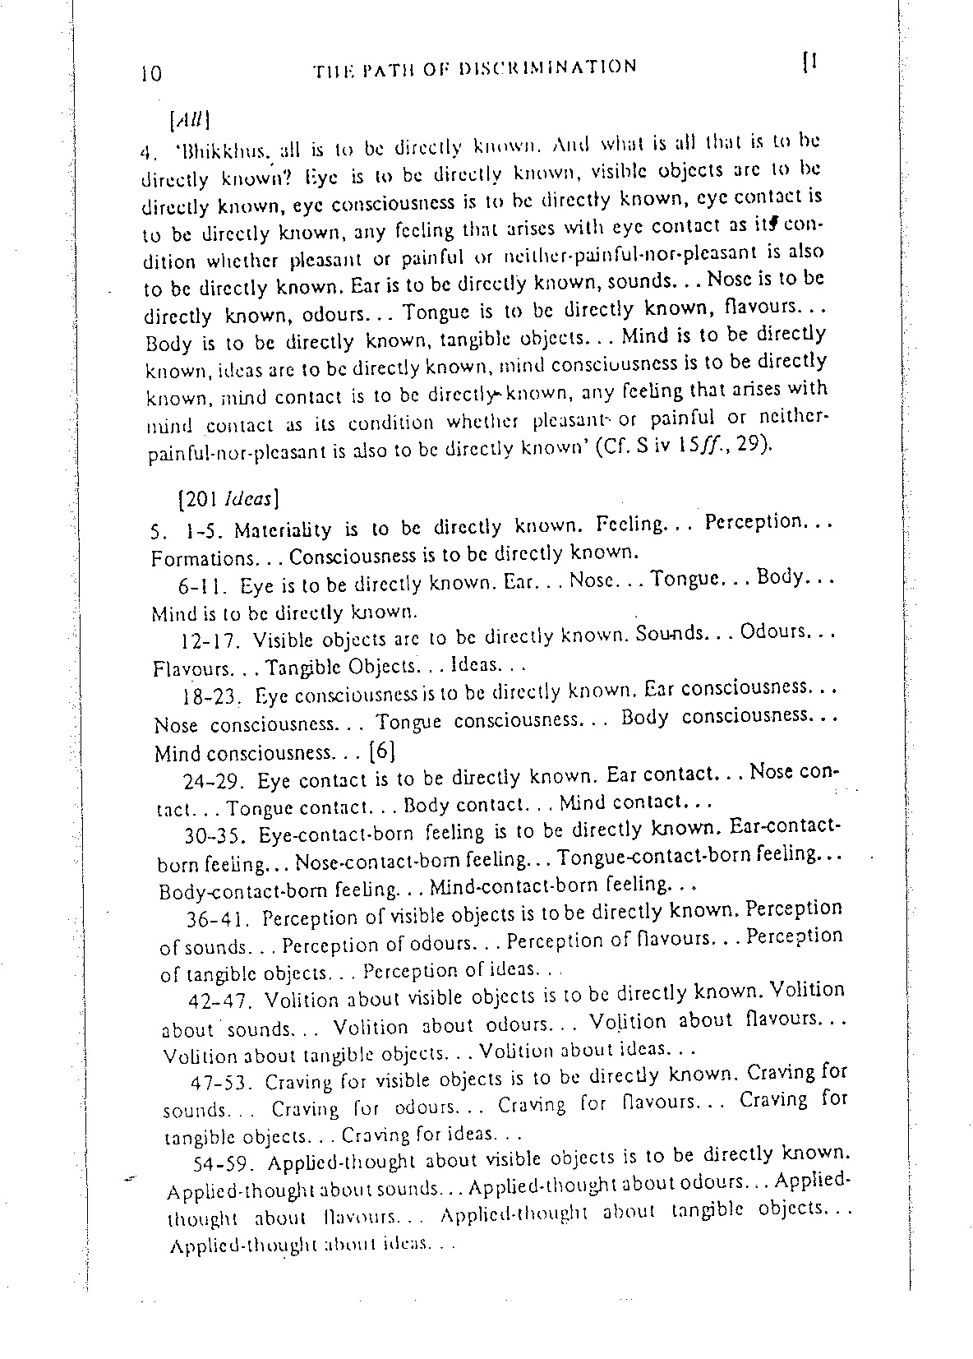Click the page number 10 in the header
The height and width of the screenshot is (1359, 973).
151,74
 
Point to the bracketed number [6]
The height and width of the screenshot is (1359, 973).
384,751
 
